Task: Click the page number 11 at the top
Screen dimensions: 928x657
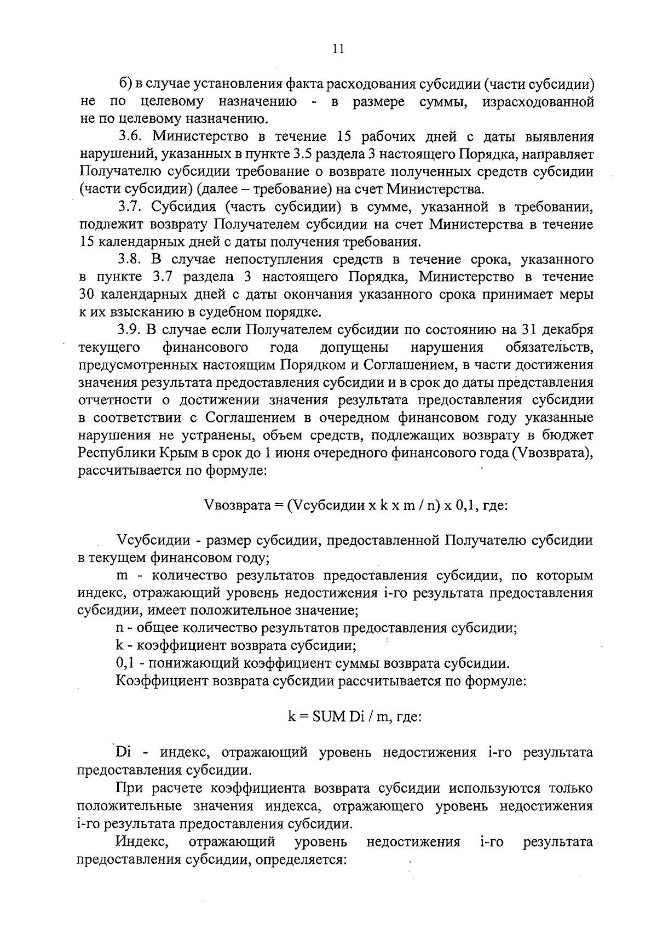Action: (338, 49)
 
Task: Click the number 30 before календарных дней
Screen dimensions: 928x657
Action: (88, 295)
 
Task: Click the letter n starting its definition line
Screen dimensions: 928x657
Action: (119, 628)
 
